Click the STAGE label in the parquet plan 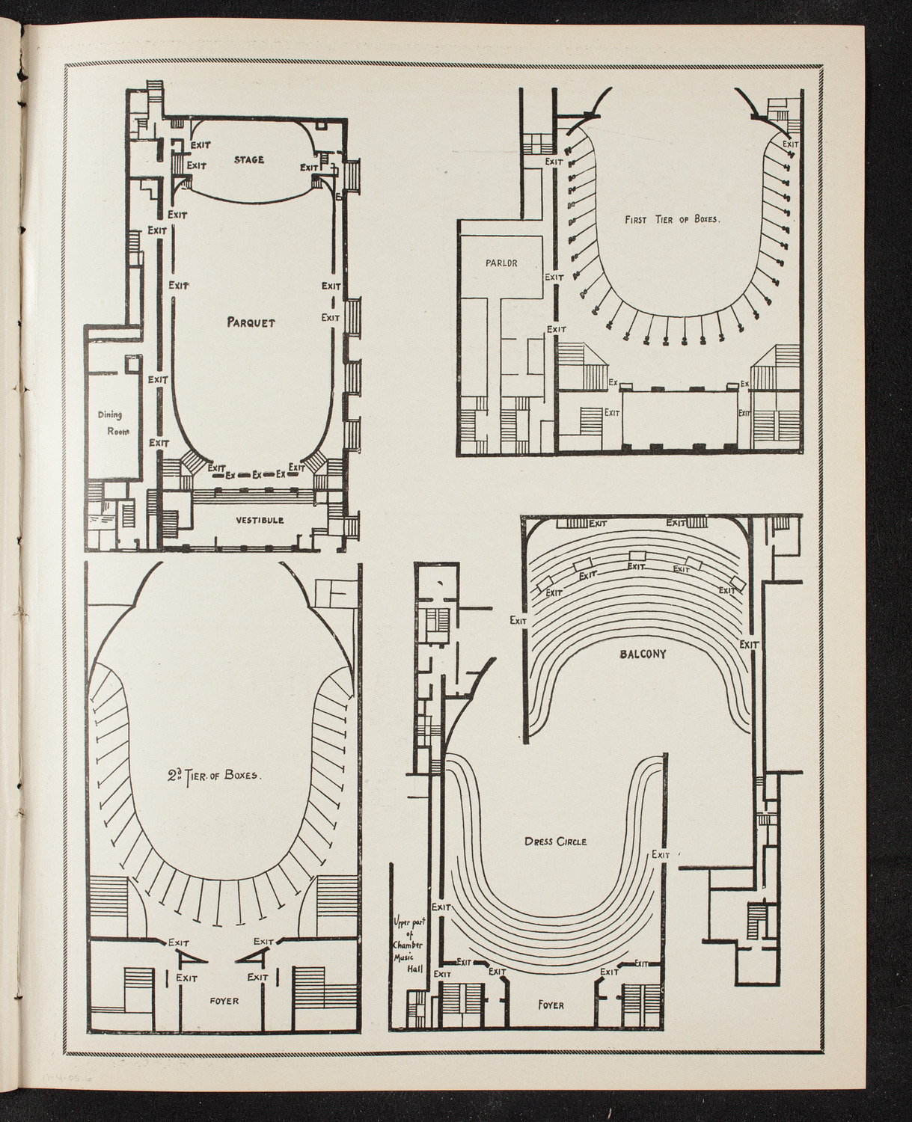(x=248, y=159)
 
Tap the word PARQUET (x=251, y=322)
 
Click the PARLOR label (x=501, y=263)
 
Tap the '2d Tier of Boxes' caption (x=214, y=776)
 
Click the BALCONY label (x=643, y=653)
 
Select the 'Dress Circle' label (x=555, y=841)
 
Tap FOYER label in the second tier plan (x=225, y=1000)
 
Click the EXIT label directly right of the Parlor (x=554, y=277)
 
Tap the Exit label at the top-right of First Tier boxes (x=790, y=144)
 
